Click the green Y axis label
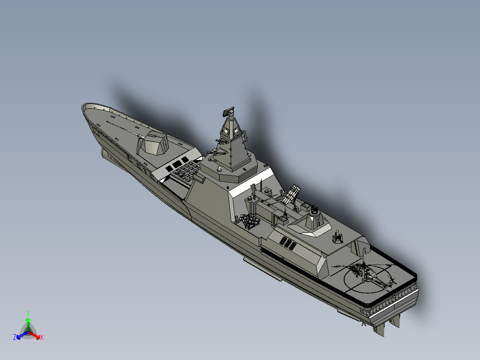tap(28, 313)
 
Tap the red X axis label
tap(42, 337)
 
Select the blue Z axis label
tap(15, 337)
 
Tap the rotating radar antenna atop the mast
tap(228, 112)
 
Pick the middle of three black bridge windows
tap(177, 164)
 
